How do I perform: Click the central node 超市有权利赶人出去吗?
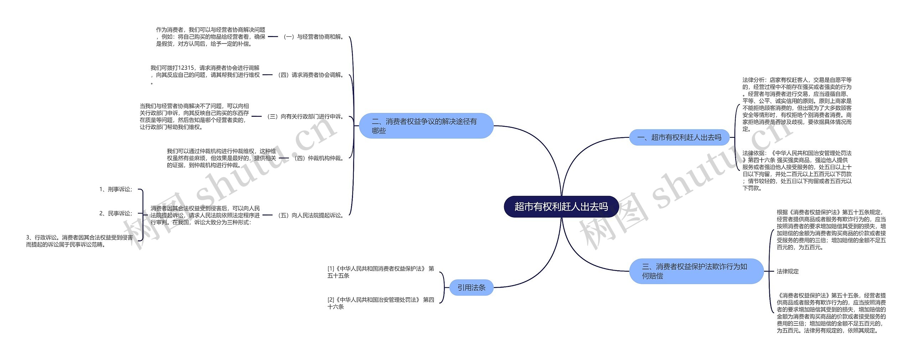(x=561, y=207)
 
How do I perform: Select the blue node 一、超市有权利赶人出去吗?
(x=679, y=137)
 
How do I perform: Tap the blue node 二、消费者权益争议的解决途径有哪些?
(x=426, y=126)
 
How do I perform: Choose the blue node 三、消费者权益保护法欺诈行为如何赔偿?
(x=696, y=271)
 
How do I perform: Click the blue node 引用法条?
(x=471, y=287)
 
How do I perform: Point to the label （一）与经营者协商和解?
(x=313, y=37)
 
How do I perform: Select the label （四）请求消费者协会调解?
(x=311, y=75)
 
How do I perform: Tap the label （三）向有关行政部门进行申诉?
(x=305, y=116)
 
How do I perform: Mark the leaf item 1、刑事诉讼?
(x=116, y=189)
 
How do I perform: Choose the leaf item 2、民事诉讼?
(x=116, y=213)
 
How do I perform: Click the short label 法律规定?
(x=788, y=271)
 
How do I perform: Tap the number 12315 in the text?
(x=186, y=68)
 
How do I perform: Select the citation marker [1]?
(x=331, y=268)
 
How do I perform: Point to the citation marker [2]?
(x=331, y=300)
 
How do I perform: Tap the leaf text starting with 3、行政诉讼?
(x=79, y=241)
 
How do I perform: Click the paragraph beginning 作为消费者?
(x=211, y=37)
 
